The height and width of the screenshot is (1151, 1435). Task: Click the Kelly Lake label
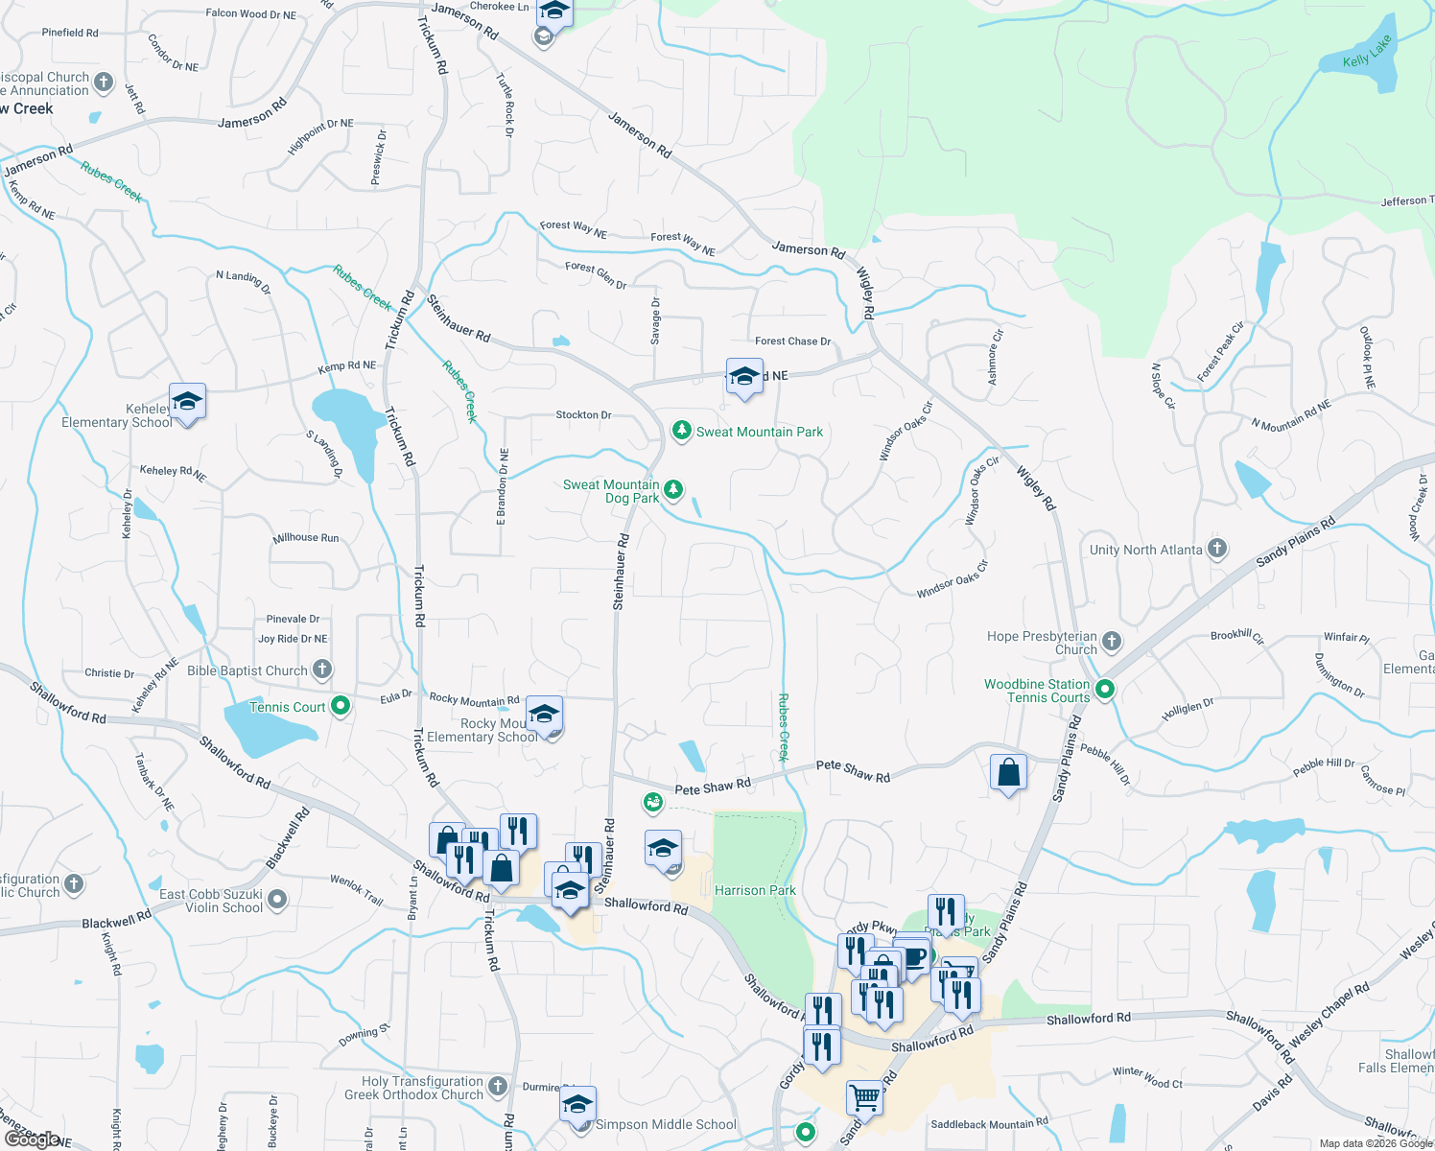click(x=1367, y=52)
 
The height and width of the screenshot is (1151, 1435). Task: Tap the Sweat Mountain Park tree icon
click(x=681, y=431)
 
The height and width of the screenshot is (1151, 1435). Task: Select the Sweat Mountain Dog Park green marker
click(x=673, y=490)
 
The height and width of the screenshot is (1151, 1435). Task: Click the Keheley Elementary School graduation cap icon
click(x=187, y=402)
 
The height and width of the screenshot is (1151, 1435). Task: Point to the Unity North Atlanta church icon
click(x=1216, y=549)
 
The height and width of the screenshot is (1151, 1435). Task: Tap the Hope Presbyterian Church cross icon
click(x=1111, y=641)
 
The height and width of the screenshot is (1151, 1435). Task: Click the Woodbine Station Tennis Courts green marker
click(x=1104, y=689)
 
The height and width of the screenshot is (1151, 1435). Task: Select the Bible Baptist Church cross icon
click(x=322, y=669)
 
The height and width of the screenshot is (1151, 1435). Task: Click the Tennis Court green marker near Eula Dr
click(x=340, y=707)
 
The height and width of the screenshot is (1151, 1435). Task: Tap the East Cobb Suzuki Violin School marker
click(x=277, y=900)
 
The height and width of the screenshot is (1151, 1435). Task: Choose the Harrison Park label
click(x=755, y=890)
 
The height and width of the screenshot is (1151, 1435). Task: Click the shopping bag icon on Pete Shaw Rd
click(x=1008, y=771)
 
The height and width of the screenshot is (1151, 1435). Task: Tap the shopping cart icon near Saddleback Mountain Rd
click(x=864, y=1096)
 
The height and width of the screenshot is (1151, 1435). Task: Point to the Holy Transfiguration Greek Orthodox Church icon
click(x=497, y=1086)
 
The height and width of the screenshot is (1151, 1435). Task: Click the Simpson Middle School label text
click(x=666, y=1124)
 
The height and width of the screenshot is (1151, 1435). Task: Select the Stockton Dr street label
click(x=583, y=414)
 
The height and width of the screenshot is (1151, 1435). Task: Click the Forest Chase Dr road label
click(x=792, y=341)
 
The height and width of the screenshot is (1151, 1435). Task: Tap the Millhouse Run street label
click(x=305, y=537)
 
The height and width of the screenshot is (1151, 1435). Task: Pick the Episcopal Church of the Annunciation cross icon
click(x=104, y=82)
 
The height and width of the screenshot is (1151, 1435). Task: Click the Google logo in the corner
click(x=31, y=1139)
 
